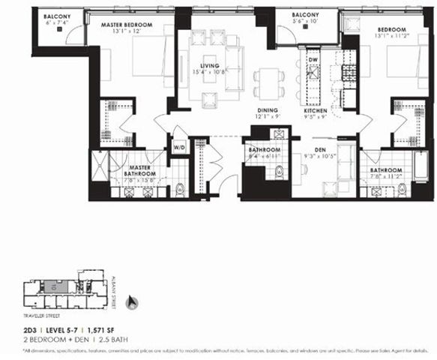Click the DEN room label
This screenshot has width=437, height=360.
319,148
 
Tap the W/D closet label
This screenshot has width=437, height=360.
180,147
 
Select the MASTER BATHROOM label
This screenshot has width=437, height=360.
139,172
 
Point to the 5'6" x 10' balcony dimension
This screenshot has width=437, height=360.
306,22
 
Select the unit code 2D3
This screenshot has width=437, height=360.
28,330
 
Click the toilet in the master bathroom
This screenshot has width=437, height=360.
179,190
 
